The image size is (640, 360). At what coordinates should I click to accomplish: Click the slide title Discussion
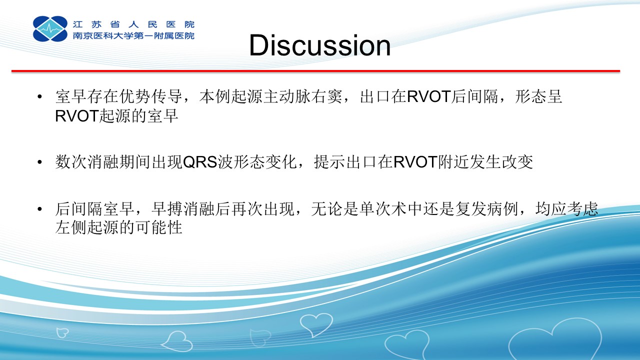[319, 45]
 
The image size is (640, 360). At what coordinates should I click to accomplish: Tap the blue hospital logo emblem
[50, 28]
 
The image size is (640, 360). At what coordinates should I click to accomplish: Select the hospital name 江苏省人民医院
[133, 24]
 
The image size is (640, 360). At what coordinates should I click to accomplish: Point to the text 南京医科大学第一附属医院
[133, 35]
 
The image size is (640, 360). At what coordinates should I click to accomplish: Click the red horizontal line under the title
[315, 71]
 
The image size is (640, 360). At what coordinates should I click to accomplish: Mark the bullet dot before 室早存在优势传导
[39, 96]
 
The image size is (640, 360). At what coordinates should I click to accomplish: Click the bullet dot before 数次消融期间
[39, 162]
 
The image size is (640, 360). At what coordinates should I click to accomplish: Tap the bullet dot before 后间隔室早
[39, 209]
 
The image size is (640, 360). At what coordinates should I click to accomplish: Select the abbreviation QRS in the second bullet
[200, 162]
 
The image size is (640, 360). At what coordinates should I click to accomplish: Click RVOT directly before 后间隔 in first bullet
[429, 96]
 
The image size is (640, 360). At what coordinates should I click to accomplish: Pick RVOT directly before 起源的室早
[77, 116]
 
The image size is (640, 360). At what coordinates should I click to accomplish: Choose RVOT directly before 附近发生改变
[415, 162]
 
